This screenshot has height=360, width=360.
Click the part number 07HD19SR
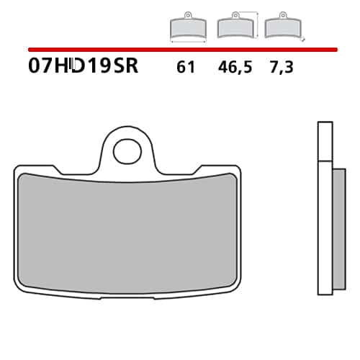tap(83, 66)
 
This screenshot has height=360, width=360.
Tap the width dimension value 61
tap(186, 67)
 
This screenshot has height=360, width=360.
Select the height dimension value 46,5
tap(235, 67)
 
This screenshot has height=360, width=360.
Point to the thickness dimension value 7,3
tap(282, 67)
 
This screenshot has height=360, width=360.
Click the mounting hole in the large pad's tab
tap(127, 152)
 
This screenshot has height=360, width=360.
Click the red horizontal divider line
tap(183, 50)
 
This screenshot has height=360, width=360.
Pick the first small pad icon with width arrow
tap(188, 27)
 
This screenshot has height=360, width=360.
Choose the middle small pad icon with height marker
tap(235, 25)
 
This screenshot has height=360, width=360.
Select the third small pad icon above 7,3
tap(283, 25)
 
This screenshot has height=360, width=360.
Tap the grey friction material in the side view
tap(339, 229)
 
